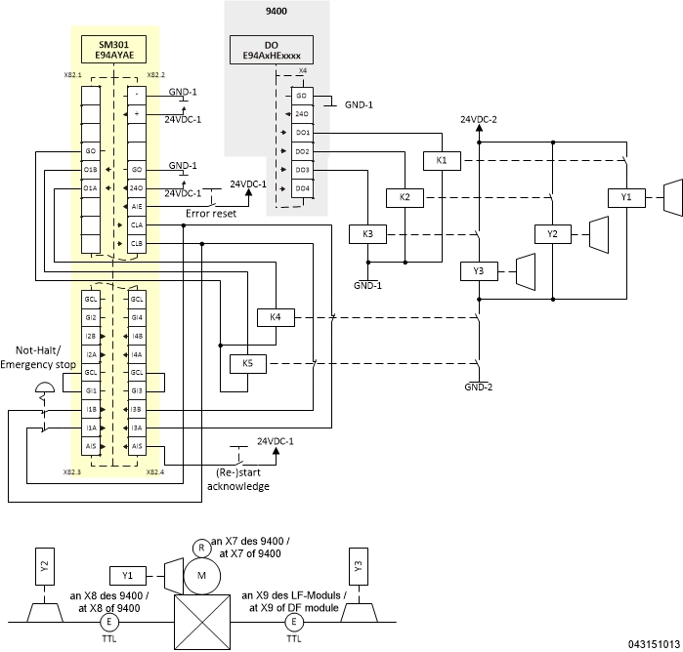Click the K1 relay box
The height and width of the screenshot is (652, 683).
[x=442, y=160]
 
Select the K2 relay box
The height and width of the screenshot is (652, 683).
[x=405, y=197]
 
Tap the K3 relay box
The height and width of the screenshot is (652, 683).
[x=367, y=234]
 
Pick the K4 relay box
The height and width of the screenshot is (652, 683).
[x=276, y=317]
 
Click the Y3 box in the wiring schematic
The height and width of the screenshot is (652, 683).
[x=479, y=271]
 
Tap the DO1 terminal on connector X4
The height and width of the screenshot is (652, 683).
[x=302, y=132]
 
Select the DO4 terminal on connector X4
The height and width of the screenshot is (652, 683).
[x=302, y=187]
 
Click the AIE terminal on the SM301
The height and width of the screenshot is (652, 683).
[x=137, y=207]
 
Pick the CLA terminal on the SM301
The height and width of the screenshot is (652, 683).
[x=137, y=224]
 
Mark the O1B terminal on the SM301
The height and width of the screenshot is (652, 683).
[x=90, y=170]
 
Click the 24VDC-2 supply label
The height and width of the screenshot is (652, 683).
[x=479, y=119]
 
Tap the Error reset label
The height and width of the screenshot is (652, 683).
[x=211, y=213]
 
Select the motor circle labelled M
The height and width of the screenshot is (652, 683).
[x=201, y=575]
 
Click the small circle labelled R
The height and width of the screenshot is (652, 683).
[x=201, y=547]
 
